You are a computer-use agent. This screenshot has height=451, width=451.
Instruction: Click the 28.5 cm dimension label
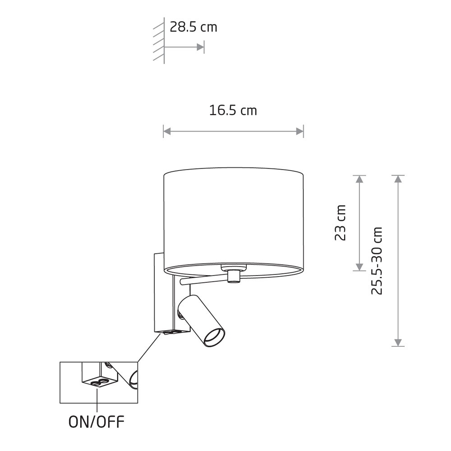click(x=193, y=28)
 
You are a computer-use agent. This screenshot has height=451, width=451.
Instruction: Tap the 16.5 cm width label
click(x=233, y=110)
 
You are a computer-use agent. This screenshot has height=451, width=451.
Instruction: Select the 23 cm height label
click(x=340, y=223)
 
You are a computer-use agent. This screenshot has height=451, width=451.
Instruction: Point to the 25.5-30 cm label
click(x=377, y=261)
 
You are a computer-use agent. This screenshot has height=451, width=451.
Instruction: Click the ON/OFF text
click(x=97, y=422)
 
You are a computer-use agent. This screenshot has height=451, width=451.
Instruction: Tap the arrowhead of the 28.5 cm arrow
click(x=200, y=47)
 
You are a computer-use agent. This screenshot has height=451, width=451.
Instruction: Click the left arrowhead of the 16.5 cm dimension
click(x=167, y=132)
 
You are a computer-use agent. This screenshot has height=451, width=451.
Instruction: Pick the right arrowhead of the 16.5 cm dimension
click(x=300, y=132)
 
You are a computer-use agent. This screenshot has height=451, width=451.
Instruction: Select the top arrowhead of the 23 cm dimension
click(x=359, y=179)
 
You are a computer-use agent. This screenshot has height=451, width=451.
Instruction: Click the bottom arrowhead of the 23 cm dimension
click(x=359, y=267)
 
